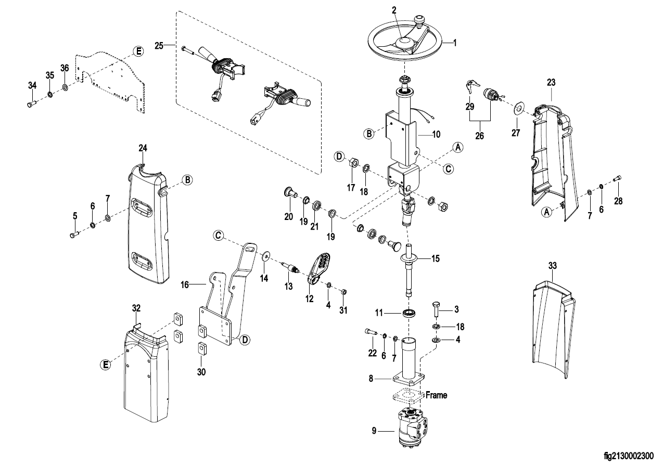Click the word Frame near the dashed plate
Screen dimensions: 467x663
tap(436, 395)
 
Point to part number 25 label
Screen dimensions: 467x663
tap(159, 46)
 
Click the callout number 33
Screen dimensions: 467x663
tap(552, 266)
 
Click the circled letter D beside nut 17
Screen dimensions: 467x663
tap(339, 156)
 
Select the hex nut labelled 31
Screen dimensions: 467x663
tap(343, 291)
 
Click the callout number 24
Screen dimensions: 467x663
tap(143, 148)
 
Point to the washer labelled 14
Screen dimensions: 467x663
tap(265, 255)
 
